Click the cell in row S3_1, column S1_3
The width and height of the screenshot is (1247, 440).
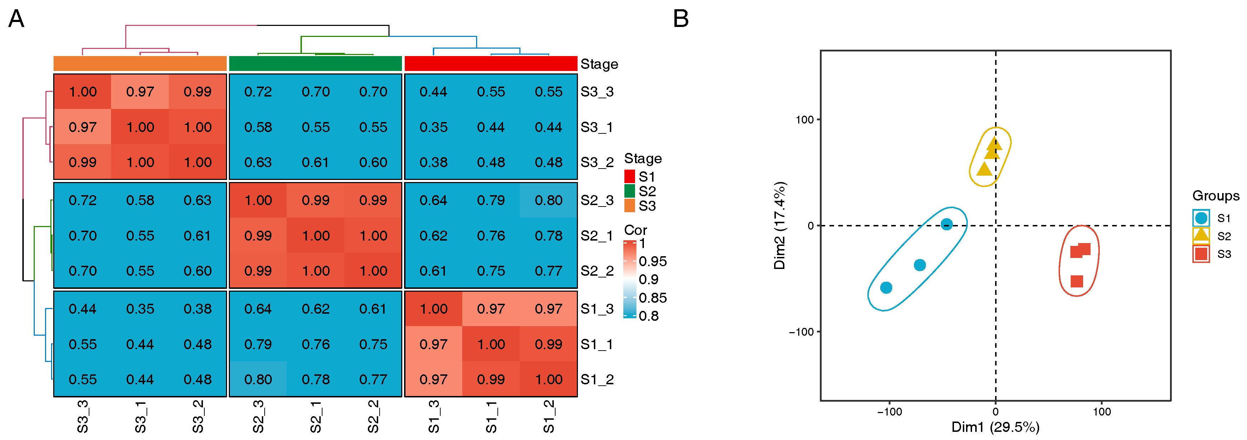tap(433, 127)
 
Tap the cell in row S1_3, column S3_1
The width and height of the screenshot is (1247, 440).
tap(140, 309)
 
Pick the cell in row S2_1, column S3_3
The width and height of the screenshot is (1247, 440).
tap(82, 236)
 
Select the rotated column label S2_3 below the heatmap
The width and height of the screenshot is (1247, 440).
tap(258, 416)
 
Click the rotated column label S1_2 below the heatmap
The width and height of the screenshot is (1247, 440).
tap(548, 416)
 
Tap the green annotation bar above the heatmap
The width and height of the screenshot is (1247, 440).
tap(315, 64)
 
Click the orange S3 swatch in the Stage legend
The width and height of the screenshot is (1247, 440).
tap(629, 206)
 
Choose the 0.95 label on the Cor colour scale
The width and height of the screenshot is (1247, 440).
tap(652, 262)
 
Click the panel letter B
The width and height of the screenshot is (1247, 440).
tap(681, 19)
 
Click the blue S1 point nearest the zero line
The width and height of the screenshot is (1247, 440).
tap(947, 224)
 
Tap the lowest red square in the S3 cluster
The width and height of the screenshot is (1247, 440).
tap(1077, 281)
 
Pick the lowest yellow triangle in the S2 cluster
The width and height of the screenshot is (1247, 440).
tap(984, 169)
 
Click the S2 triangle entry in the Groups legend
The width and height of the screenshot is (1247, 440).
tap(1201, 236)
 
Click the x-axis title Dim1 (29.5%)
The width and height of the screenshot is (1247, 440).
tap(995, 427)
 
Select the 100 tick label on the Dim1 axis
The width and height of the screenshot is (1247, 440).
tap(1102, 412)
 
